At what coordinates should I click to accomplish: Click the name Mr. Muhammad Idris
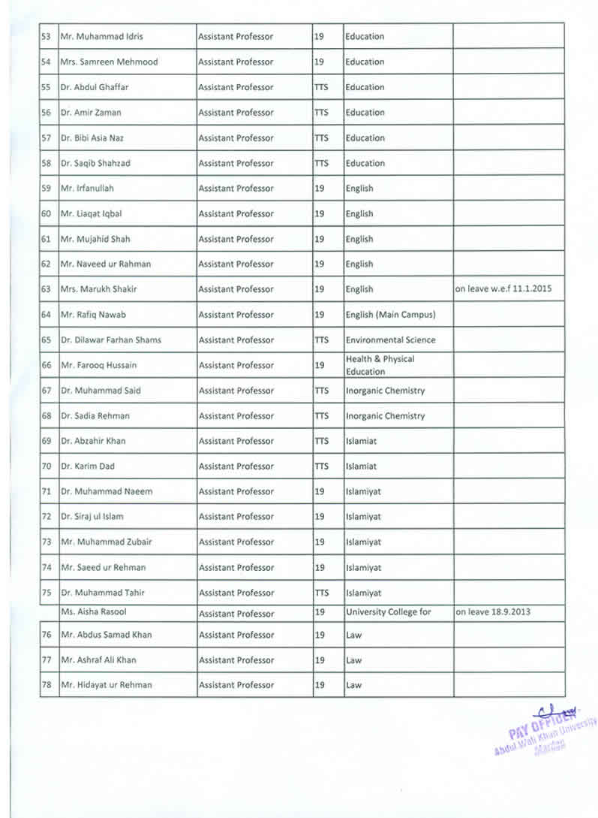(102, 37)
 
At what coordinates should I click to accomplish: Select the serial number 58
(46, 164)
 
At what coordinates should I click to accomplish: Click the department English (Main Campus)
(390, 315)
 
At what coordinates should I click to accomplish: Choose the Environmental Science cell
(390, 340)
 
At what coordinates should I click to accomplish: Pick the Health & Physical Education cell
(380, 365)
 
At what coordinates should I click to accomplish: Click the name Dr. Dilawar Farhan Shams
(111, 340)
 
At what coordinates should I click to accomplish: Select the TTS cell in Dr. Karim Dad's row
(322, 466)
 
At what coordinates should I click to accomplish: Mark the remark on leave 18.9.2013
(493, 612)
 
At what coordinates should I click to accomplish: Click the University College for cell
(388, 612)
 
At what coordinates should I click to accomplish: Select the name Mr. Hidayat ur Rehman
(107, 685)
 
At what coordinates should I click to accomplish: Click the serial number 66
(46, 366)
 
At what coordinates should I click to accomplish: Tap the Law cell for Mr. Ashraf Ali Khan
(354, 660)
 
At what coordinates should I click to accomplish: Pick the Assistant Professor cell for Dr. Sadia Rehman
(236, 416)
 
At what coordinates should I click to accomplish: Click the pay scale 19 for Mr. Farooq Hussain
(320, 366)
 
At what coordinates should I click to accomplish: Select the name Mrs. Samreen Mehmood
(110, 62)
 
